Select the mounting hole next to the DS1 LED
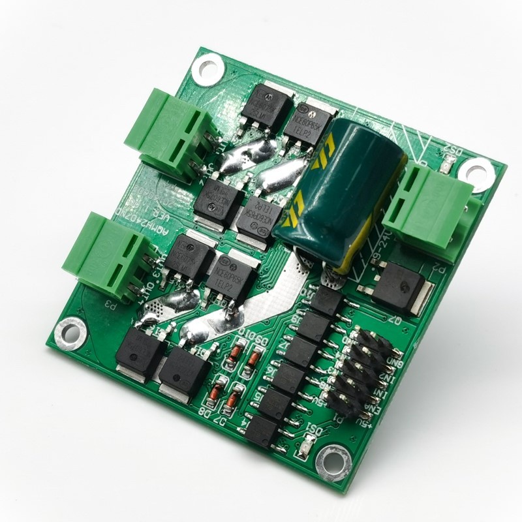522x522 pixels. click(x=333, y=461)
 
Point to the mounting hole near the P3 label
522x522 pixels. click(x=70, y=333)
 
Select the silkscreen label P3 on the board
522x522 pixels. click(x=111, y=304)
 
